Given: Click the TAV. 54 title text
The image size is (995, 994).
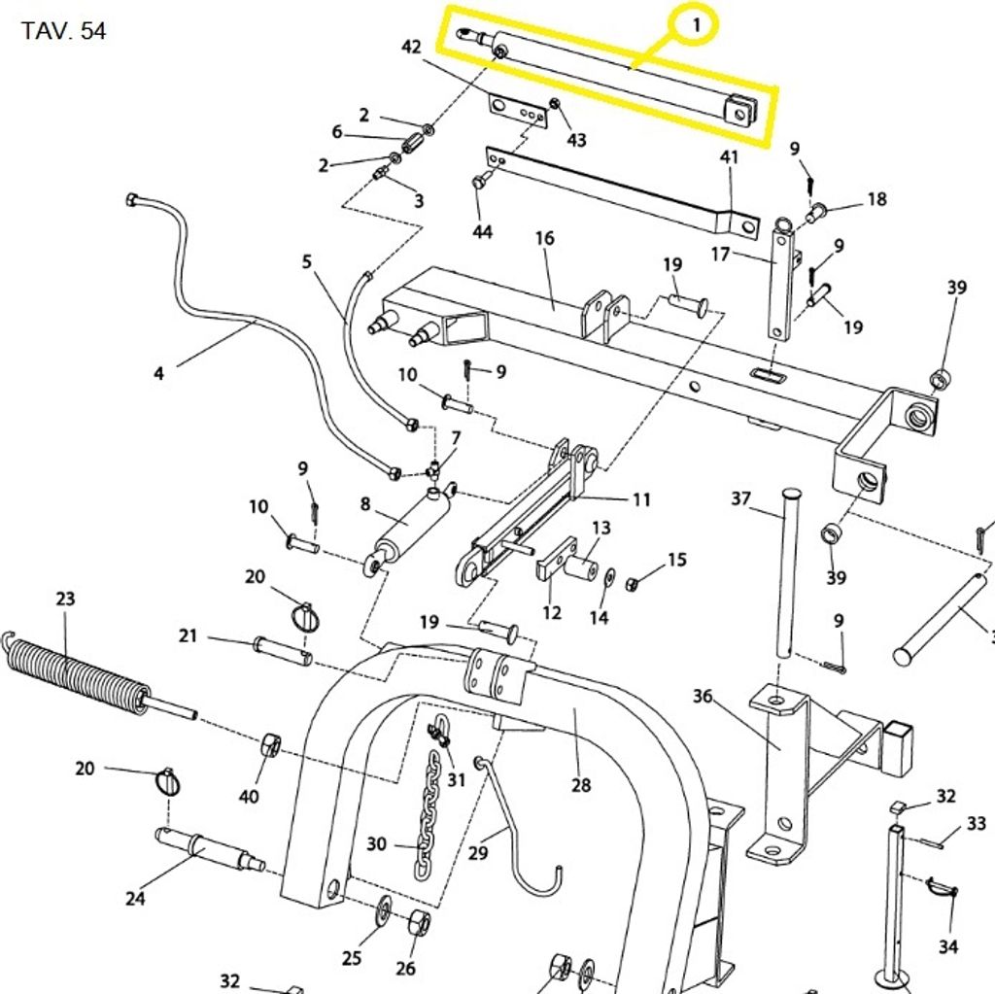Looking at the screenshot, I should [x=63, y=31].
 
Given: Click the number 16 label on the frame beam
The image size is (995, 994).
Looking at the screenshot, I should [x=544, y=238].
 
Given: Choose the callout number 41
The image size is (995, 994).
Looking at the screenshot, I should [x=729, y=156].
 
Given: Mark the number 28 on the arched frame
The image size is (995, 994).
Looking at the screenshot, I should [x=581, y=784].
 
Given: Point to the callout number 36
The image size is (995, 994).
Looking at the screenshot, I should [x=703, y=696].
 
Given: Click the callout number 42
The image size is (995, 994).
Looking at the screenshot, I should [x=411, y=47].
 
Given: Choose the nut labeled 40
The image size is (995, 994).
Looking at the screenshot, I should [x=270, y=746].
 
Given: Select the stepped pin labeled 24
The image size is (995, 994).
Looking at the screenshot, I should [x=209, y=850].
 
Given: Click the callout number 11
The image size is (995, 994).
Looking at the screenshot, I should [x=641, y=499].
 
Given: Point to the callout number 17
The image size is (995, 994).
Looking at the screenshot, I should [x=720, y=256].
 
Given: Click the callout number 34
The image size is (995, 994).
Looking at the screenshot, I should [x=947, y=945].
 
